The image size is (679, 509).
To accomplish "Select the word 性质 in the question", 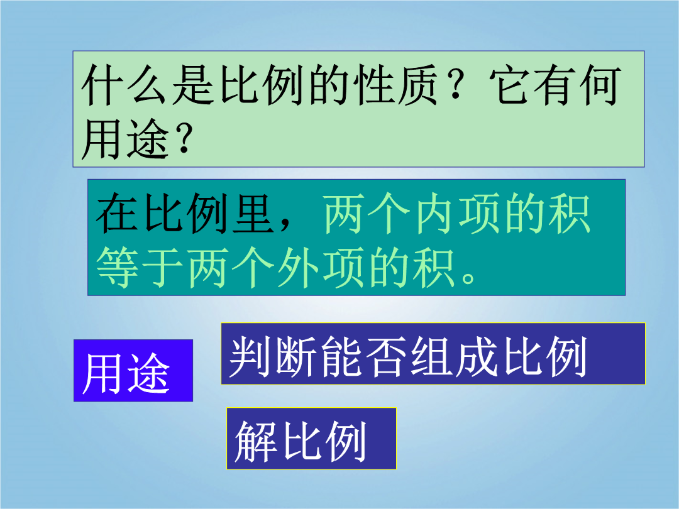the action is tap(396, 85).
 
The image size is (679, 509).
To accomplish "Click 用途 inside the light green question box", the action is tap(124, 138).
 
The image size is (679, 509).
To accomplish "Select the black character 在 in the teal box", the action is tap(118, 214).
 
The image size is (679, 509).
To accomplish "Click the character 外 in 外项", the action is tap(299, 268).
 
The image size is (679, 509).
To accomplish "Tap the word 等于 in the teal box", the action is tap(140, 268).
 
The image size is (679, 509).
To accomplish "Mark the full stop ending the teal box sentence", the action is tap(468, 277).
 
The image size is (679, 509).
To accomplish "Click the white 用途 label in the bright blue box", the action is tap(126, 373).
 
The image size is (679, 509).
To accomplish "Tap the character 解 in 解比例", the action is tap(257, 441).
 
